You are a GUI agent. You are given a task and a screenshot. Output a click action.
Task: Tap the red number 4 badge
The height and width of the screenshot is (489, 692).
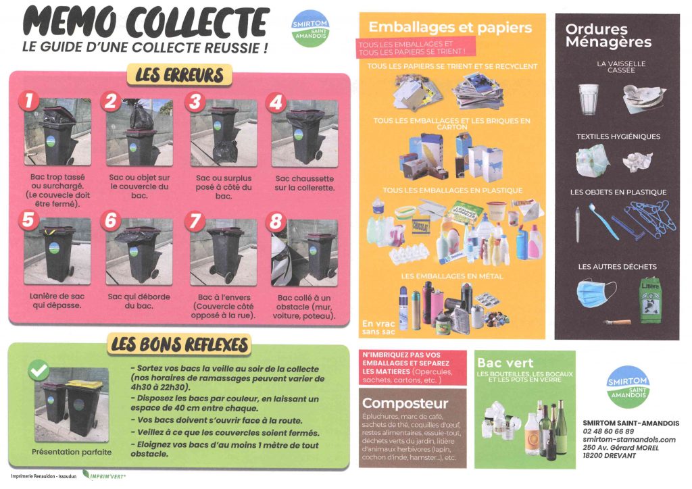pos(276,102)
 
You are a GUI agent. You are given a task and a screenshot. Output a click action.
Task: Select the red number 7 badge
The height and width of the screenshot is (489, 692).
pos(195,221)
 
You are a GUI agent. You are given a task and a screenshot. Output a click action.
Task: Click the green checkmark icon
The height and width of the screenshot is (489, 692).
pos(39,370)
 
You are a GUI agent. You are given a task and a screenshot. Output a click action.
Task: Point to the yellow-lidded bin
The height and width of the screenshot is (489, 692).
pos(83,408)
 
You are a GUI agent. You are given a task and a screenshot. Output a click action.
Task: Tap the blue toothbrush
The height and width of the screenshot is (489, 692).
pos(603,222)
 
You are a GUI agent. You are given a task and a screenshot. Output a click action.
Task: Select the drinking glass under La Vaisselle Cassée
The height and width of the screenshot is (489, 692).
pos(589,99)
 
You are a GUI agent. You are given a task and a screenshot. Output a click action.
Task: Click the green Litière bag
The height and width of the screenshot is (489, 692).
pos(650,299)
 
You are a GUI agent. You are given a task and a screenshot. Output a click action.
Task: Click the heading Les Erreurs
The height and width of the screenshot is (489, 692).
pos(179,75)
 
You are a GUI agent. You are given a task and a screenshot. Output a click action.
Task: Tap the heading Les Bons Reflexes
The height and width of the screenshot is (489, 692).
pos(179,344)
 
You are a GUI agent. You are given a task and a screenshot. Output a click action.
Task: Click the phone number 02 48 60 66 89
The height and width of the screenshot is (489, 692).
pos(608,431)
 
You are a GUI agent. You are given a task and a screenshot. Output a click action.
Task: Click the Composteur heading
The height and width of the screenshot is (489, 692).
pos(405,403)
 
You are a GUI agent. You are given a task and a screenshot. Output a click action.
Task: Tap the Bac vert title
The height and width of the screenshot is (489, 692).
pos(505,363)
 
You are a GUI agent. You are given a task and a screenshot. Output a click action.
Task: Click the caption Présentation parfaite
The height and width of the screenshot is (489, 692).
pos(72,452)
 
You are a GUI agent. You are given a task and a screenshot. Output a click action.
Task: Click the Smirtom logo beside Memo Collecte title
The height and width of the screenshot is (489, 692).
pos(310,29)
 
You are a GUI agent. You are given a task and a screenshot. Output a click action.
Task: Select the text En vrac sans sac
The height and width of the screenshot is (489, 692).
pos(378,328)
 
